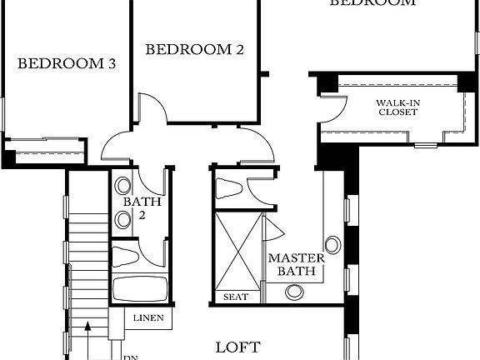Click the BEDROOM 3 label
point(66,63)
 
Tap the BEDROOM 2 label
point(194,50)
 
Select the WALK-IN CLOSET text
point(396,106)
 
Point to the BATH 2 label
point(135,208)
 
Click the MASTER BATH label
point(290,264)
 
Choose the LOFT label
point(237,347)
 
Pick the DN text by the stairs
point(130,357)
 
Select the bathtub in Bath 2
point(139,290)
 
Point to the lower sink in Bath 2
point(123,219)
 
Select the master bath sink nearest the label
point(294,292)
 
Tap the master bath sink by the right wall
point(332,245)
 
